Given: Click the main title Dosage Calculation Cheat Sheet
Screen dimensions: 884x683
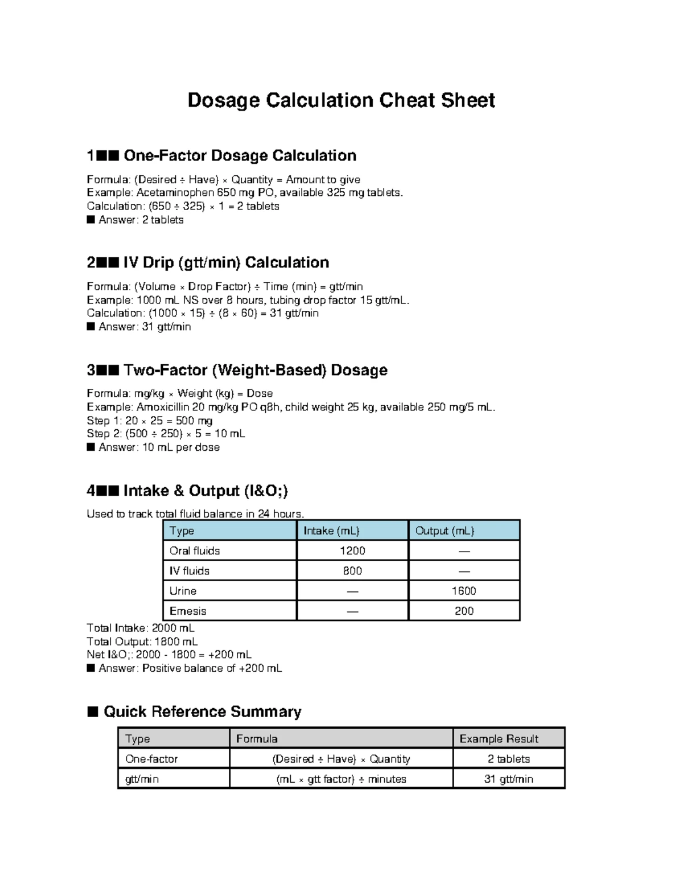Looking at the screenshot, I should coord(341,100).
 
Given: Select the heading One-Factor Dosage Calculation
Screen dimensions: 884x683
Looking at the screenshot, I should coord(239,155).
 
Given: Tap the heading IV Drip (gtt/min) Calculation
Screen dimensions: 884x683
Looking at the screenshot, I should coord(226,262).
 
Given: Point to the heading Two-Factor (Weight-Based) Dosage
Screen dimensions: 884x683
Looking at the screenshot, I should coord(255,370).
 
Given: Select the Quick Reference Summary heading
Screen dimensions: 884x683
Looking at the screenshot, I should coord(202,712).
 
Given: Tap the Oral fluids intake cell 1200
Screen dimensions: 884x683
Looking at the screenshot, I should coord(352,550).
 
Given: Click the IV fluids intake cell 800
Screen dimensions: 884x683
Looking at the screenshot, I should coord(352,571).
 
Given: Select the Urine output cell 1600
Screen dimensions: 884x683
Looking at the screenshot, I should coord(464,591).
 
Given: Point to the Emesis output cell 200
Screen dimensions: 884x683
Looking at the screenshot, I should coord(464,611).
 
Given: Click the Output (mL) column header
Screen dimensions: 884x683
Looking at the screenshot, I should coord(445,531).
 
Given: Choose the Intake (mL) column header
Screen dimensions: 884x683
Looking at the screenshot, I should coord(331,531).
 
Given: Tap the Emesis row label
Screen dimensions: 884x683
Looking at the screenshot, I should coord(188,611).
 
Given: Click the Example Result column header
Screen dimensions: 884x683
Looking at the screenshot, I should coord(499,739).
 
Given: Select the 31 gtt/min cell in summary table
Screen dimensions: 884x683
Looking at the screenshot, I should coord(508,779).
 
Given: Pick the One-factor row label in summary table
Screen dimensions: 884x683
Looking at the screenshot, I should coord(151,759).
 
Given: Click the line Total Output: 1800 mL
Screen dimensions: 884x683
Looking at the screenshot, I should coord(142,642).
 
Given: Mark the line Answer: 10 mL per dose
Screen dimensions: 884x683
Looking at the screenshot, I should coord(159,447).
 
